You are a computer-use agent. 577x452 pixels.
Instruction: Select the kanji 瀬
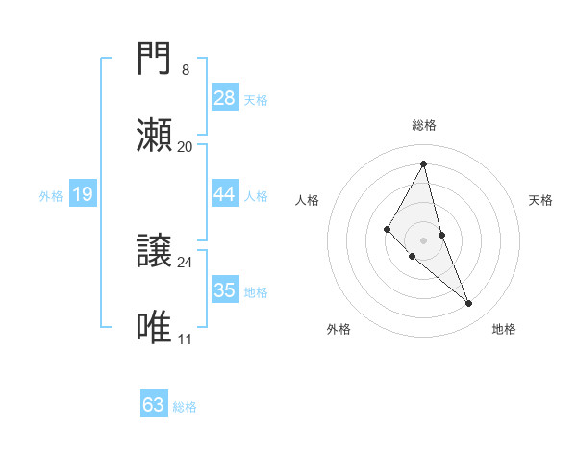click(155, 136)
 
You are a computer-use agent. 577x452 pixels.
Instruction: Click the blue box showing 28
click(225, 98)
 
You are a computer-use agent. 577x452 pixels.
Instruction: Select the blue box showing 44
click(225, 194)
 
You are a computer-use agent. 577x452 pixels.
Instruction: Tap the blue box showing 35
click(225, 290)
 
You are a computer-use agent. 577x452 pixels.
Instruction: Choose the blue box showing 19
click(83, 194)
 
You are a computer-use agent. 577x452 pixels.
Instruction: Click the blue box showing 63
click(154, 405)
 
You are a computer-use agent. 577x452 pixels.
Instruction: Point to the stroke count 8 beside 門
click(185, 70)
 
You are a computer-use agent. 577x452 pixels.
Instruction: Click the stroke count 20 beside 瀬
click(185, 147)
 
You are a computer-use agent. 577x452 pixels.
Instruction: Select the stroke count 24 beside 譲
click(185, 262)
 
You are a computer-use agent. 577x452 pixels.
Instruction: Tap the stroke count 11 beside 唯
click(185, 339)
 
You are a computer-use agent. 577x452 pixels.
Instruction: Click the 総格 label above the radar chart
click(424, 125)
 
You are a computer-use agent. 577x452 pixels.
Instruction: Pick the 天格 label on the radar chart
click(541, 200)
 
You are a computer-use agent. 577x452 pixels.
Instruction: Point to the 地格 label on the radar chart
click(505, 329)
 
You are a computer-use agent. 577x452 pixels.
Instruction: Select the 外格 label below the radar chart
click(339, 329)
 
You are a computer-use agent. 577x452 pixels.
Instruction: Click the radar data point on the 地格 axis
click(469, 304)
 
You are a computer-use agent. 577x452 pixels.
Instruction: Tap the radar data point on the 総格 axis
click(424, 163)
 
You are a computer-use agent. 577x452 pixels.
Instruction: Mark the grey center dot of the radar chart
click(424, 239)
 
